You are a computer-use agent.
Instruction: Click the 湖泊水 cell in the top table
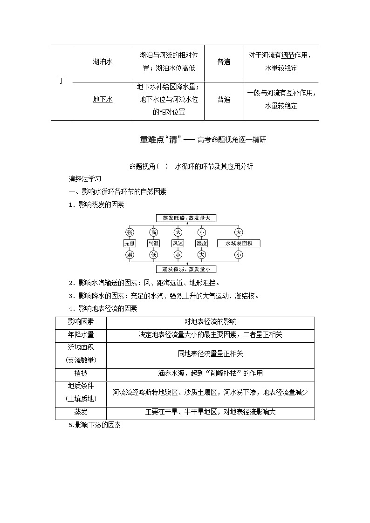[x=103, y=62]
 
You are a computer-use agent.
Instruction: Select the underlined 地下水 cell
[x=103, y=99]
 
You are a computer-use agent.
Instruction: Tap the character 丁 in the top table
[x=61, y=81]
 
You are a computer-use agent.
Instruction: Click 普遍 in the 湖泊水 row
[x=224, y=62]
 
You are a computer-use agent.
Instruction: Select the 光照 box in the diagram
[x=129, y=243]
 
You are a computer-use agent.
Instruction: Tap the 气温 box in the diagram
[x=153, y=243]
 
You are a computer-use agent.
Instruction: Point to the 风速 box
[x=178, y=243]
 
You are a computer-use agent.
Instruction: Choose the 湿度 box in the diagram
[x=201, y=243]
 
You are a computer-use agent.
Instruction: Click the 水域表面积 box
[x=239, y=243]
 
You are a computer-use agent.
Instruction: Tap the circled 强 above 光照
[x=129, y=232]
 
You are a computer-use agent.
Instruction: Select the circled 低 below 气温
[x=153, y=255]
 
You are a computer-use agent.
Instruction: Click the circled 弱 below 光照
[x=129, y=255]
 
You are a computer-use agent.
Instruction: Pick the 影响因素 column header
[x=81, y=322]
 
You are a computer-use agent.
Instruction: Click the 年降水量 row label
[x=81, y=334]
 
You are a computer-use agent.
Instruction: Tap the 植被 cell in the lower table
[x=81, y=373]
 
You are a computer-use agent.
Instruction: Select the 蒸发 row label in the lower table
[x=81, y=412]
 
